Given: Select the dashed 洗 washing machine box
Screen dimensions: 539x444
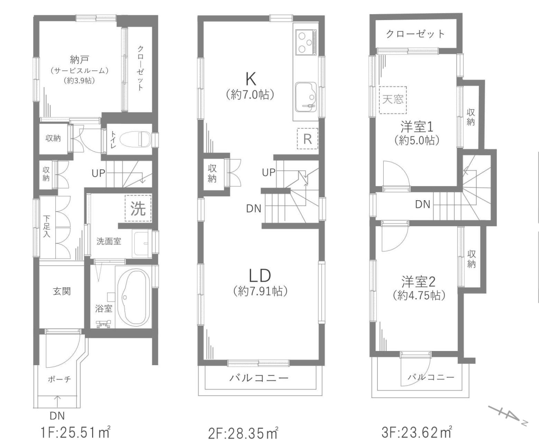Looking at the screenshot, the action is [138, 208].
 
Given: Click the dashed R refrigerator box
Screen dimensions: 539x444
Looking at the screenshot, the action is [307, 139].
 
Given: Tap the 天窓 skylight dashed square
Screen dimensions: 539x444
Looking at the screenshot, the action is [393, 100].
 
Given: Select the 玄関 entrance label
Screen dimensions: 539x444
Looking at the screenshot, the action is [62, 291].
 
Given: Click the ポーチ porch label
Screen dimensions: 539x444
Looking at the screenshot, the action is [59, 379].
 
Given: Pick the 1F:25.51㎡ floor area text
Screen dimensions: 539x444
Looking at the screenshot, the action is [75, 432].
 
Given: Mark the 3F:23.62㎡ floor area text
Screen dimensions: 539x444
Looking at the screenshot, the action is [417, 432].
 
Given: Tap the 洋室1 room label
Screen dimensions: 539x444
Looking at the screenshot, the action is [416, 127].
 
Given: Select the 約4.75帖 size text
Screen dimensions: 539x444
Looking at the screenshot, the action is [419, 295].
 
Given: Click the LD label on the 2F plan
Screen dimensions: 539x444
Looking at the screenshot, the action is [260, 276].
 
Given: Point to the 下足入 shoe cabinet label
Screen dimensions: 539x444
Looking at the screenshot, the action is [47, 226].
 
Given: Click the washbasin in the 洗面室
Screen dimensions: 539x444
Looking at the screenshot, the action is [142, 243].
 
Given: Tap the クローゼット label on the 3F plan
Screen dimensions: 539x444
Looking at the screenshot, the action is [415, 34].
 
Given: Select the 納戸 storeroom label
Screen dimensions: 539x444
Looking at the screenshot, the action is [79, 59].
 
